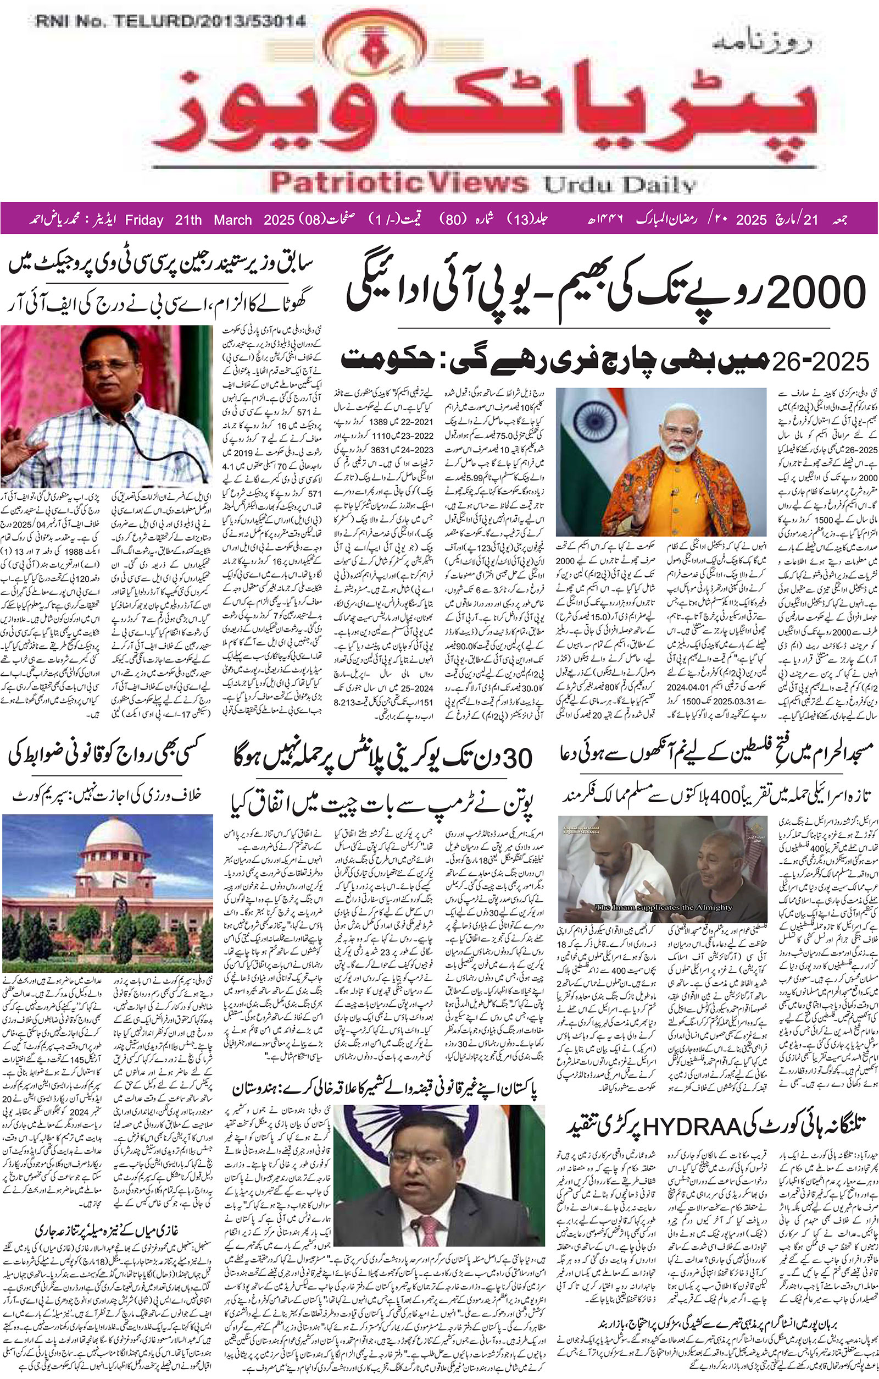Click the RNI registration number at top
tap(170, 22)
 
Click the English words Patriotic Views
tap(399, 184)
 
